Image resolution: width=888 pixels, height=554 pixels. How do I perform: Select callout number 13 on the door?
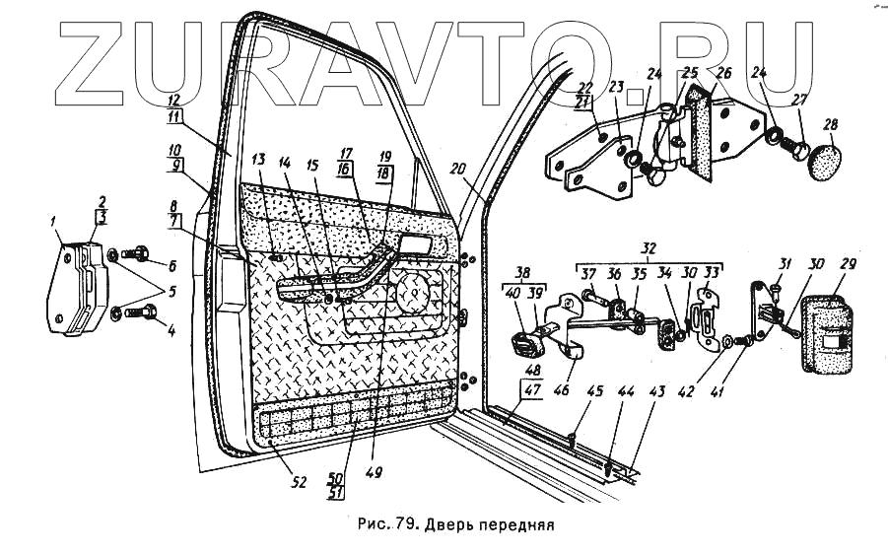coord(258,160)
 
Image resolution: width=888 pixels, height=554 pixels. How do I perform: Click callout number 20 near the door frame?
coord(459,168)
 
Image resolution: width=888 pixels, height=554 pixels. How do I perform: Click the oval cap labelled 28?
coord(828,160)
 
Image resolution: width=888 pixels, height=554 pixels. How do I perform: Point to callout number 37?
coord(590,273)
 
